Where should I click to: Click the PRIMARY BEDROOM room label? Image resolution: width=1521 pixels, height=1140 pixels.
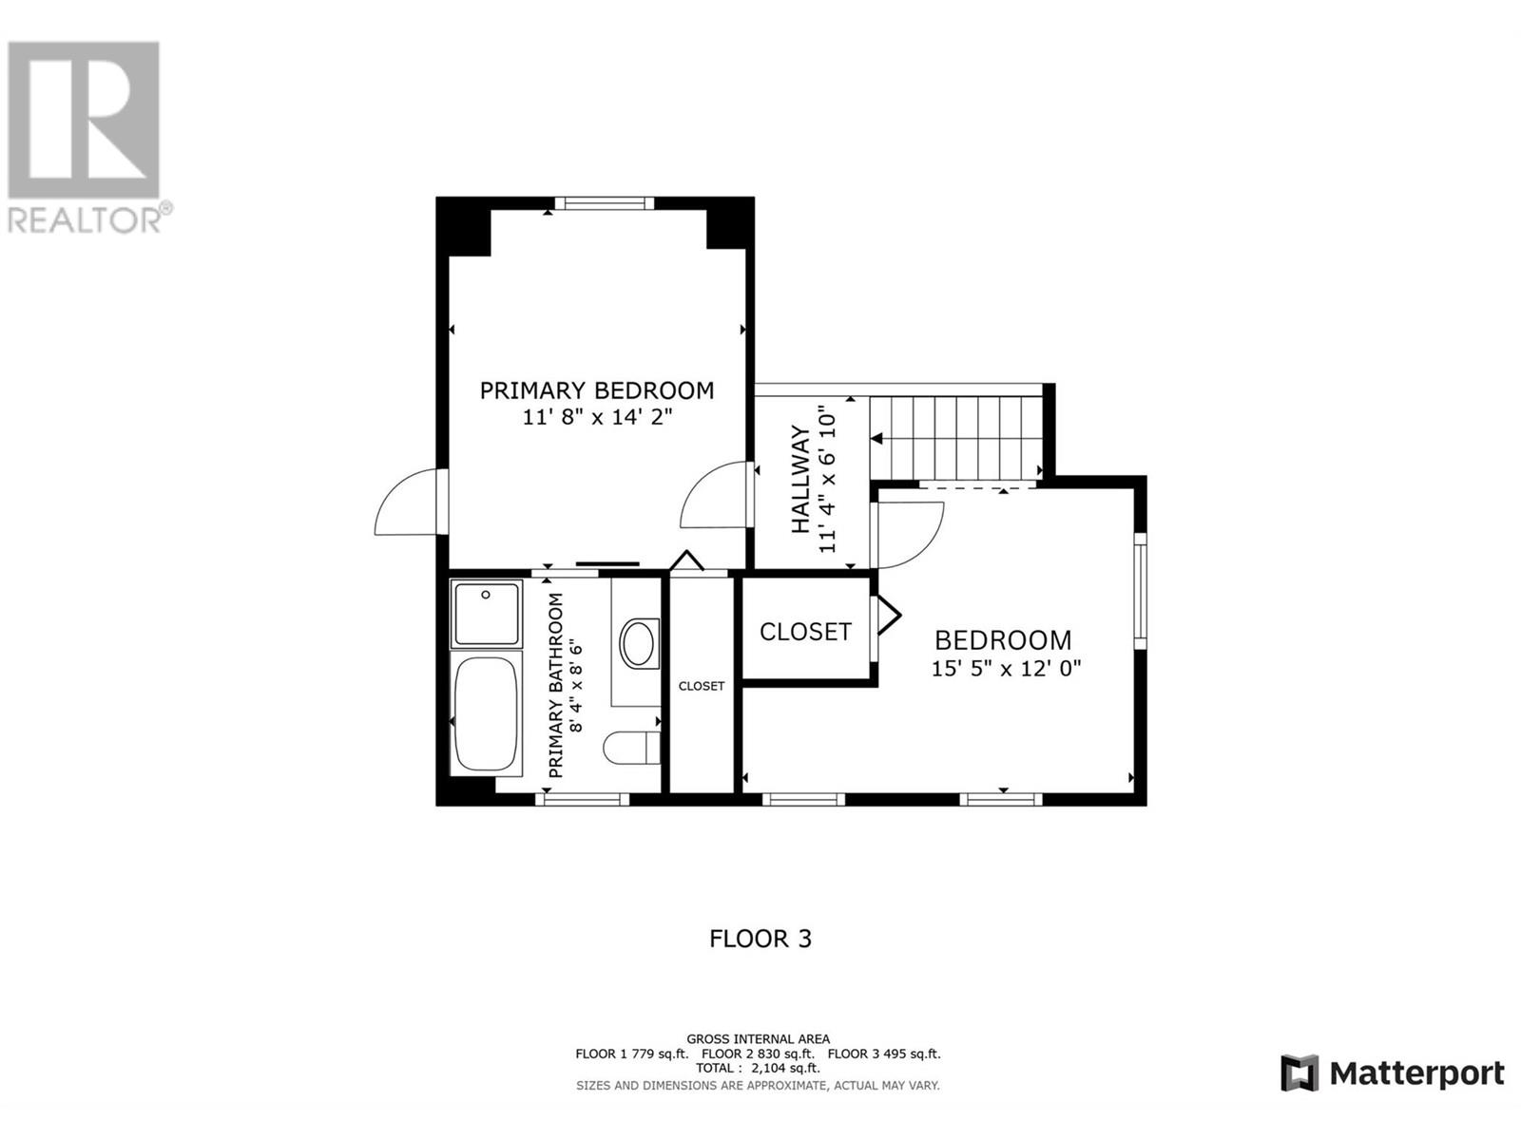coord(596,390)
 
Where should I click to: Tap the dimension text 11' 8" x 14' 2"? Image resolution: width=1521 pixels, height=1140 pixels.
coord(596,417)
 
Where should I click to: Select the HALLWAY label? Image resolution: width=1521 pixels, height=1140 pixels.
coord(801,480)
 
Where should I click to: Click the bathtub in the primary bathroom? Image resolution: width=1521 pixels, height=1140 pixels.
coord(487,713)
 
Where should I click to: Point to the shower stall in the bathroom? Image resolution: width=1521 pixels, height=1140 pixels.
coord(486,614)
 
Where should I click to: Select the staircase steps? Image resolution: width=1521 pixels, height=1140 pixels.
coord(955,438)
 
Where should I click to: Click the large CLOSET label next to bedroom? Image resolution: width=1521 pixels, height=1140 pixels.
coord(805,632)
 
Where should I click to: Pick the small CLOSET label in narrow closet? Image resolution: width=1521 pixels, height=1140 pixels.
coord(702,686)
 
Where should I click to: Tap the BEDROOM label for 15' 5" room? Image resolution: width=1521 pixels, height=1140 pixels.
coord(1003,640)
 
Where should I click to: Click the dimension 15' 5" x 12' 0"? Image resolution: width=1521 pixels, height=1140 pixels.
coord(1006,669)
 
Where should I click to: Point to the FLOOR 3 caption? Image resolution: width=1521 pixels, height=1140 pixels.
coord(760,939)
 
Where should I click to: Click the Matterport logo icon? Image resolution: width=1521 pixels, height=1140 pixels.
coord(1300,1073)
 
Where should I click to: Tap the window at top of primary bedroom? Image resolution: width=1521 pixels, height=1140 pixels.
coord(604,202)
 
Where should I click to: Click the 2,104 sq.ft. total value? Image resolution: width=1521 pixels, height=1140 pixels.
coord(785,1068)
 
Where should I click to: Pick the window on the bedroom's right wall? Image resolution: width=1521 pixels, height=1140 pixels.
coord(1140,591)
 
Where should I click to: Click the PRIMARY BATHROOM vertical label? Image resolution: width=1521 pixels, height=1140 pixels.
coord(557,685)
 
